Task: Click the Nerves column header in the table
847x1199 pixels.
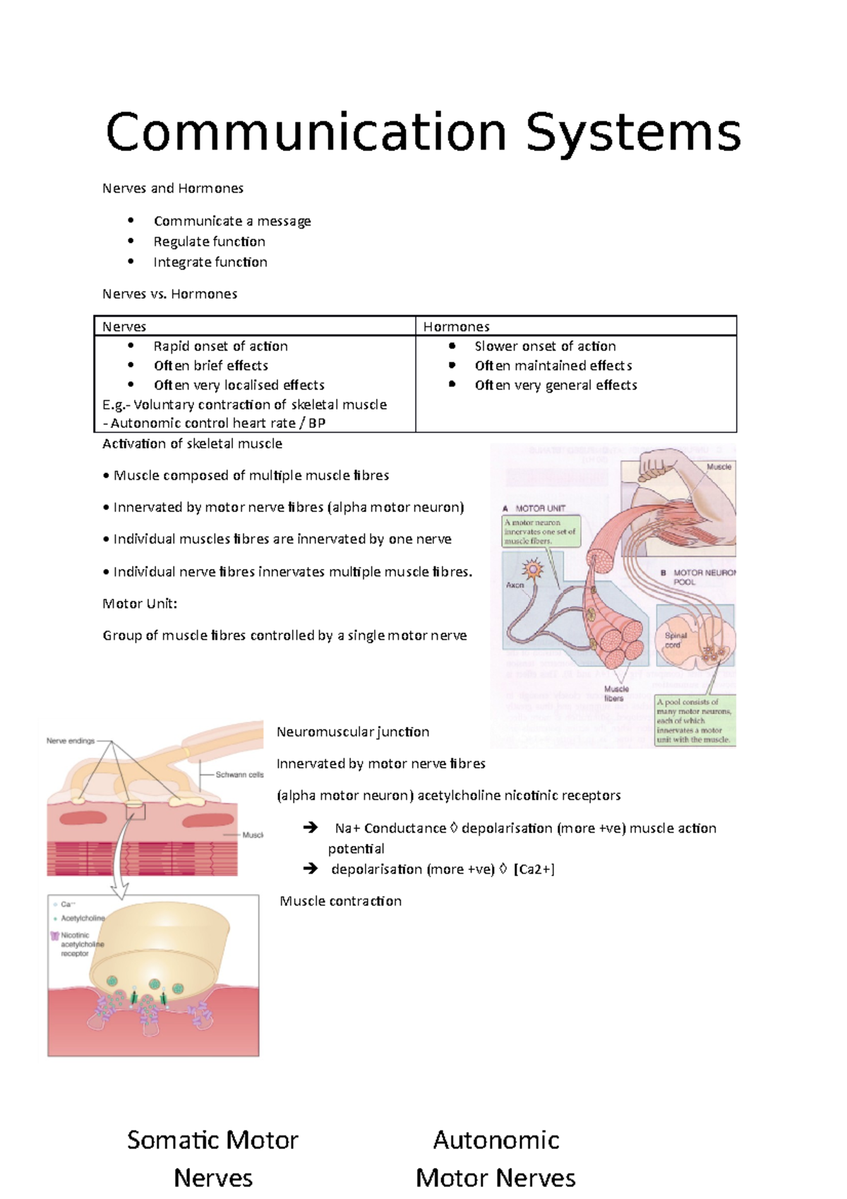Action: point(124,326)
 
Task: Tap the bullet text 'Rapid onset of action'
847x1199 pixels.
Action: point(220,346)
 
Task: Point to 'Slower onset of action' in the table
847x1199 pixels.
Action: point(545,346)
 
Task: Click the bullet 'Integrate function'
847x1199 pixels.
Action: point(210,262)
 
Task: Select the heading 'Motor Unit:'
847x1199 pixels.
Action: point(140,604)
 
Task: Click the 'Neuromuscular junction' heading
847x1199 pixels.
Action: point(353,732)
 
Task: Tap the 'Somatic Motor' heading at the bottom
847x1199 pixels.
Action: point(212,1140)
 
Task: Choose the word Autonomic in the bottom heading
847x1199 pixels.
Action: point(496,1140)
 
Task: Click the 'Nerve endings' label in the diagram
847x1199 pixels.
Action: point(71,741)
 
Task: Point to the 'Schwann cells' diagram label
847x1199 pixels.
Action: point(239,775)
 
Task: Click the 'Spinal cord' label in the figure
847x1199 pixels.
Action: point(675,640)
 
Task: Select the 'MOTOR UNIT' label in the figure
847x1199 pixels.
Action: point(540,508)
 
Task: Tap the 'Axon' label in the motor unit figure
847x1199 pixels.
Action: point(515,585)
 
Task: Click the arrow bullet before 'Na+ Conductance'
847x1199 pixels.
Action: point(310,828)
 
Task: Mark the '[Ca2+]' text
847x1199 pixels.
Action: point(534,869)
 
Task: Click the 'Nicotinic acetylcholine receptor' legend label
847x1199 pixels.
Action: point(81,944)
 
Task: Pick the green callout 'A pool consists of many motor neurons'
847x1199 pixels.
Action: point(695,720)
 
